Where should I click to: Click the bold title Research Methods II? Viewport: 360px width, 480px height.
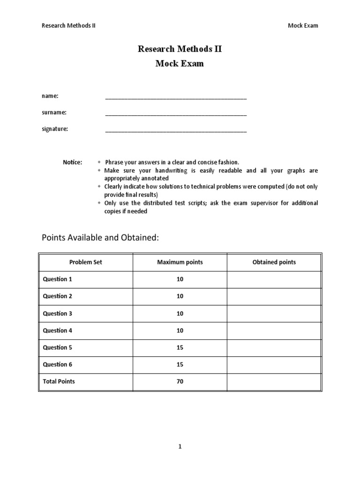pos(180,49)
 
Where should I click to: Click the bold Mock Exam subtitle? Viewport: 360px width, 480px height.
pos(180,64)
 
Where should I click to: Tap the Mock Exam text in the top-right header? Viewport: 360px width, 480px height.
pos(302,25)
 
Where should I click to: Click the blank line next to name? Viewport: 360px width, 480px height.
pos(176,97)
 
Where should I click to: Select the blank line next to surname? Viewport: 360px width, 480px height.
pos(176,113)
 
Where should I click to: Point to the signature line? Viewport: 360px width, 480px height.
pos(176,130)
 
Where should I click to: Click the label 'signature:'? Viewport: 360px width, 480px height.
pos(55,129)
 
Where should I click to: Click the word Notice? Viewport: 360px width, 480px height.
pos(72,162)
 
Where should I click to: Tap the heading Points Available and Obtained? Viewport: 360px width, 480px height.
pos(101,238)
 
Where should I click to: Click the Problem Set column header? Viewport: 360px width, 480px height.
pos(86,262)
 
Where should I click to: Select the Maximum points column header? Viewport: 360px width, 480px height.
pos(180,262)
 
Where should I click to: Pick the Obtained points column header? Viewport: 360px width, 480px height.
pos(274,262)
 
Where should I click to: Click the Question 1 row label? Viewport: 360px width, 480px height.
pos(58,279)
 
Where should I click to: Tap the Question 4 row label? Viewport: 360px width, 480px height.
pos(58,330)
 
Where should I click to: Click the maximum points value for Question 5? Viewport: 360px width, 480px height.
pos(180,347)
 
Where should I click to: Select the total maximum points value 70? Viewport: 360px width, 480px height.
pos(180,382)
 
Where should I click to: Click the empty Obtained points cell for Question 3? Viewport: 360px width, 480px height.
pos(274,314)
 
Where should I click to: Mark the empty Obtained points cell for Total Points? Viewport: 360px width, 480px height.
pos(274,382)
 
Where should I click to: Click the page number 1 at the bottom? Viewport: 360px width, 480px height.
pos(180,447)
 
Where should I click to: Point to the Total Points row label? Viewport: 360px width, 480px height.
pos(59,382)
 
